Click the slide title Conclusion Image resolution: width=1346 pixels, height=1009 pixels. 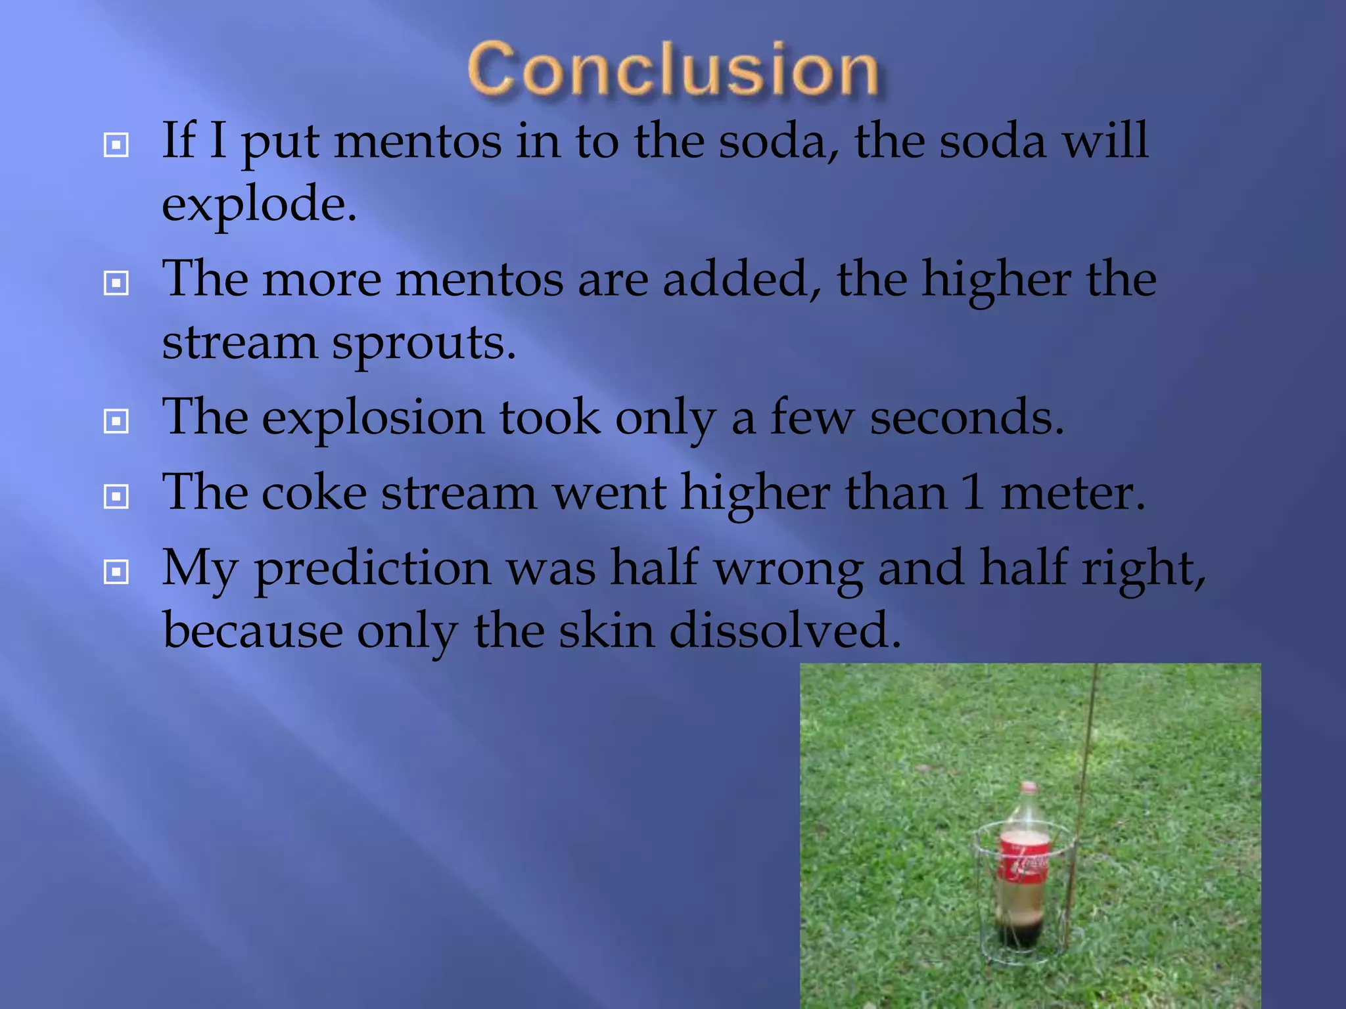point(673,70)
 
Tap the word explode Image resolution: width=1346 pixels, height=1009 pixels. point(259,204)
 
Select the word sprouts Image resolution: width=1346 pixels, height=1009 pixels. point(424,344)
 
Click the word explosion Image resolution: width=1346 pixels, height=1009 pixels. point(373,418)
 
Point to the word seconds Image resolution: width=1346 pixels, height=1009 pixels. point(966,418)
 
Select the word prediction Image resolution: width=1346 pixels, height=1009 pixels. point(373,569)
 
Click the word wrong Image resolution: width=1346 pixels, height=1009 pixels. point(789,569)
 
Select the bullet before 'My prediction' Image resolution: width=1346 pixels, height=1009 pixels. point(116,572)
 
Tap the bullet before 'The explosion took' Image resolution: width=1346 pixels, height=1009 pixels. point(116,421)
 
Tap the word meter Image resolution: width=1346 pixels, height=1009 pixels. point(1072,493)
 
